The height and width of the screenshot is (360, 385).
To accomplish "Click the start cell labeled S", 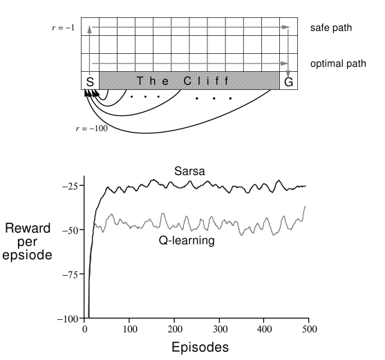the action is [x=90, y=81].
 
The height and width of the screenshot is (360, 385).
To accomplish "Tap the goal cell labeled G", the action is [x=289, y=81].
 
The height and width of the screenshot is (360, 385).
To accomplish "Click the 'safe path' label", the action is [x=331, y=28].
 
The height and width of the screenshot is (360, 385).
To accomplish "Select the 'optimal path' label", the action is [x=338, y=64].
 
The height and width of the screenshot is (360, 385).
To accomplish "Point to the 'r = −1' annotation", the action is [x=64, y=28].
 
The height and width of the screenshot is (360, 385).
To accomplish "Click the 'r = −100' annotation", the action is [x=92, y=129].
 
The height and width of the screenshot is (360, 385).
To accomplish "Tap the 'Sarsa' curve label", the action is [x=189, y=171].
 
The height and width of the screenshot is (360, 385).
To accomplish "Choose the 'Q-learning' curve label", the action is [x=187, y=240].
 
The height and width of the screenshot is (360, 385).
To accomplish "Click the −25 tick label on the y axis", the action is [x=70, y=187].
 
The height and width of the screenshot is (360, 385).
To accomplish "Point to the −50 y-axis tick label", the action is [x=70, y=231].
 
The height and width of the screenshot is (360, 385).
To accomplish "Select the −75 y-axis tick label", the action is [x=70, y=275].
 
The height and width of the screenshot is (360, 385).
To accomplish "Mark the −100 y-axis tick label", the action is [x=68, y=319].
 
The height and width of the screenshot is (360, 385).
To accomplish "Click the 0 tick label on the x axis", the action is [x=85, y=329].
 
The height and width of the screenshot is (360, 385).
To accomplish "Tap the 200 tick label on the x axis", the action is [x=175, y=329].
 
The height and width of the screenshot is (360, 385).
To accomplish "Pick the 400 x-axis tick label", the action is [x=265, y=329].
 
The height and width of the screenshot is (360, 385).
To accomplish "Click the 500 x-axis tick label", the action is [x=310, y=329].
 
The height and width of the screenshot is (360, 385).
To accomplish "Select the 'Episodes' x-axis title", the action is [x=200, y=348].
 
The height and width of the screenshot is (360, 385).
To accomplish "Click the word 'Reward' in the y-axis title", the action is [x=28, y=228].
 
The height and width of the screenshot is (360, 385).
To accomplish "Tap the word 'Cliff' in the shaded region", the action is [x=206, y=81].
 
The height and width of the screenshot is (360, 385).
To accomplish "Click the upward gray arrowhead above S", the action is [x=89, y=29].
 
